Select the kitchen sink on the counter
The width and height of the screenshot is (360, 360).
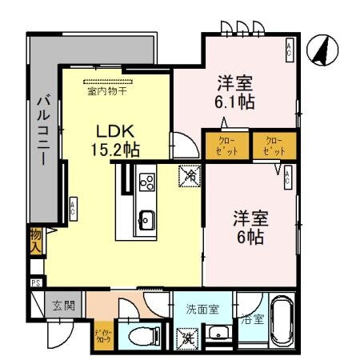point(146,216)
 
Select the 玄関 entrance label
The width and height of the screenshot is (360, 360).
point(63,305)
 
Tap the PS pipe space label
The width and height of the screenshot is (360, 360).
point(35,282)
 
